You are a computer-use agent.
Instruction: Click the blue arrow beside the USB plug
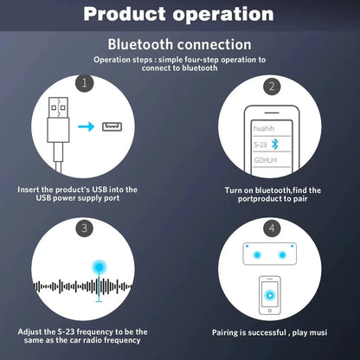pos(86,127)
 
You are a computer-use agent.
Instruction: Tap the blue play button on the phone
pos(272,294)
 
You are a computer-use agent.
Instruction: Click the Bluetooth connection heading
pos(180,44)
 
